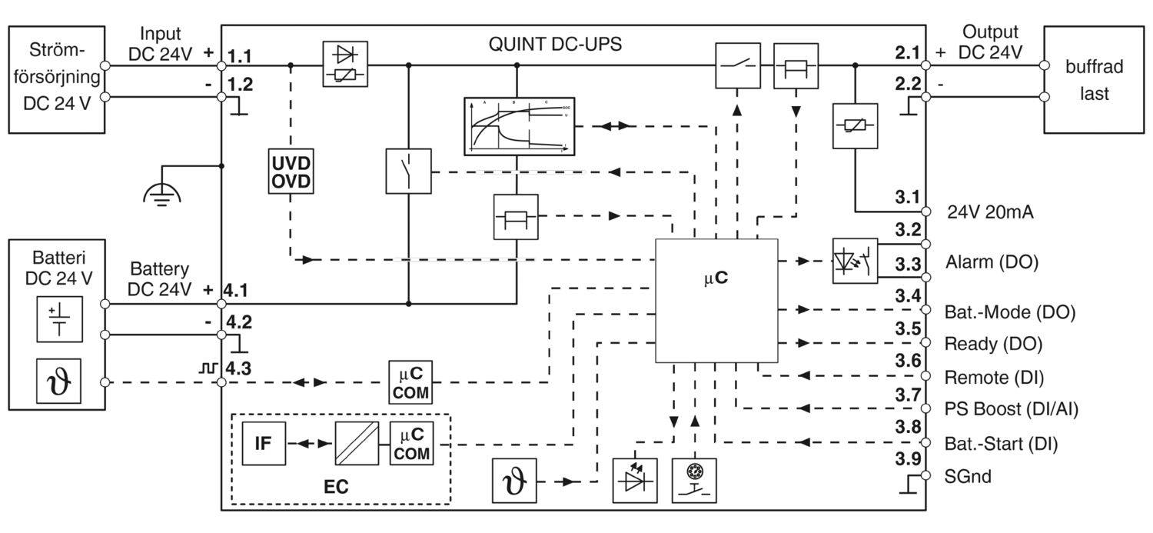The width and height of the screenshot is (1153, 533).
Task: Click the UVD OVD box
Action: click(291, 172)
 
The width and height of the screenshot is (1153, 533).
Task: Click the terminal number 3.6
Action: click(908, 360)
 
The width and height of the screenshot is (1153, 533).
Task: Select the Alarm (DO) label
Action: click(991, 262)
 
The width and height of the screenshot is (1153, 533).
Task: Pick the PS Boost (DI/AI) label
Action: click(1011, 409)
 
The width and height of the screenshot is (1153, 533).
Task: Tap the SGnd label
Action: click(968, 477)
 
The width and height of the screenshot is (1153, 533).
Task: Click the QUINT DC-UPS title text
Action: click(555, 44)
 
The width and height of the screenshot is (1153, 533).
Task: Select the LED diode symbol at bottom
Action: click(633, 480)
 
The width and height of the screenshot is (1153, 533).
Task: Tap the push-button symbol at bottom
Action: click(695, 480)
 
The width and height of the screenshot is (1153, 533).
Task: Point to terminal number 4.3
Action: click(236, 368)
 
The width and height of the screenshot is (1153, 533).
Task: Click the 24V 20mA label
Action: click(989, 214)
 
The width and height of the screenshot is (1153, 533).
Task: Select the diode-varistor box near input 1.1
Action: click(345, 65)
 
